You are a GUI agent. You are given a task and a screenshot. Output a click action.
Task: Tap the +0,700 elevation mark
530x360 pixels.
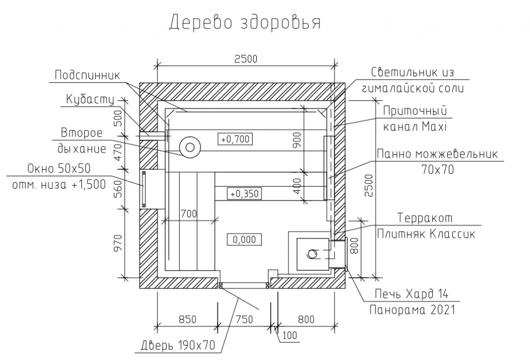[236, 139]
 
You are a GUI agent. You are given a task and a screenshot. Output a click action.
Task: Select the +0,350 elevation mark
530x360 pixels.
[244, 194]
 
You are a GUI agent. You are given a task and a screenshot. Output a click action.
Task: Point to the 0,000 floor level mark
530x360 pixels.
[244, 239]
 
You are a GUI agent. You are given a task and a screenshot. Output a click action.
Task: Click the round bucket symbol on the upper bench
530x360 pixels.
[190, 147]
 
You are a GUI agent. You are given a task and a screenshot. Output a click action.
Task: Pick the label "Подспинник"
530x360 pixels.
[87, 75]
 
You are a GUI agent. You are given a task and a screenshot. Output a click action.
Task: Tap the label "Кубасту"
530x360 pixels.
[90, 100]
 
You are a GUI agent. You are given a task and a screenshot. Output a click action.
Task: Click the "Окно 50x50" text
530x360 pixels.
[58, 168]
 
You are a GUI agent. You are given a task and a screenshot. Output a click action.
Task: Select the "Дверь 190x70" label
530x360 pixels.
[178, 345]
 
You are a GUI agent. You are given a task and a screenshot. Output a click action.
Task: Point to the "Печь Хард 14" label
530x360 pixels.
[411, 294]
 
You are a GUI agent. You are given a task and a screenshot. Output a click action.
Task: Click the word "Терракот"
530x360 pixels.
[424, 218]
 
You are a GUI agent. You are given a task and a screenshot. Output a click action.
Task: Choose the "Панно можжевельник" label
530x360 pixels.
[437, 154]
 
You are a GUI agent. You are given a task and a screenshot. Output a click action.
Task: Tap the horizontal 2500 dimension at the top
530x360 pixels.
[246, 59]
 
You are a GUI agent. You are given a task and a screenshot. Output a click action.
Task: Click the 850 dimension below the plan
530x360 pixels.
[187, 319]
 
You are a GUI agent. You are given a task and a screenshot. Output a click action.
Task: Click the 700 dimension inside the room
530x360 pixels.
[188, 214]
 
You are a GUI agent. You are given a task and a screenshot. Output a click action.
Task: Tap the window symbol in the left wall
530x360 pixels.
[143, 189]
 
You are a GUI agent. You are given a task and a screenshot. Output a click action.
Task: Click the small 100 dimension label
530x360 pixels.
[290, 335]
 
